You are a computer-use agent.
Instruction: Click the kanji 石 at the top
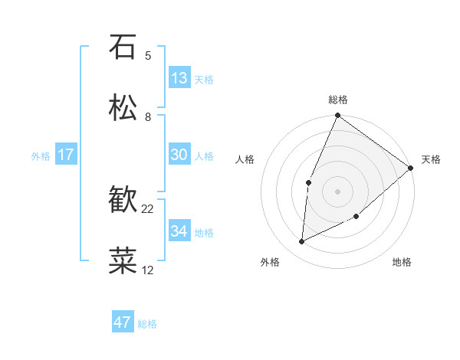pos(123,47)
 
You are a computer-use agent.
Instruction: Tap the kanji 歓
pos(123,200)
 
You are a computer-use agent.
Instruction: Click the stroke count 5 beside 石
pos(148,55)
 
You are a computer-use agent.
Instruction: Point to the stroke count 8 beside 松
pos(148,116)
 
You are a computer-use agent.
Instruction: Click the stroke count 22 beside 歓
pos(148,208)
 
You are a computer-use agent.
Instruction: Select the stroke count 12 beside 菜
pos(148,270)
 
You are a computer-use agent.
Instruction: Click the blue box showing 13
pos(179,78)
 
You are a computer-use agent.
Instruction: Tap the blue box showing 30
pos(179,155)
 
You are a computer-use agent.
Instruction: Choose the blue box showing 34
pos(179,231)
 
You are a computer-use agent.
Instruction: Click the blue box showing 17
pos(66,155)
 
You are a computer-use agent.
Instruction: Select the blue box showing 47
pos(123,322)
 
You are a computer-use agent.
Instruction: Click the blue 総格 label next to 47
pos(148,324)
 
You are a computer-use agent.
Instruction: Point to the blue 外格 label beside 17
pos(41,156)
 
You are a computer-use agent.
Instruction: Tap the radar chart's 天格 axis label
pos(431,159)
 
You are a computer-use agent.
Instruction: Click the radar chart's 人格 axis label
pos(245,159)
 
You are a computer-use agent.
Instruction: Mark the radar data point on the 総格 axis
pos(337,116)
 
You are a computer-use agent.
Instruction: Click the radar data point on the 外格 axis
pos(302,242)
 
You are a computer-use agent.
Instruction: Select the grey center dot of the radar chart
pos(337,191)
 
